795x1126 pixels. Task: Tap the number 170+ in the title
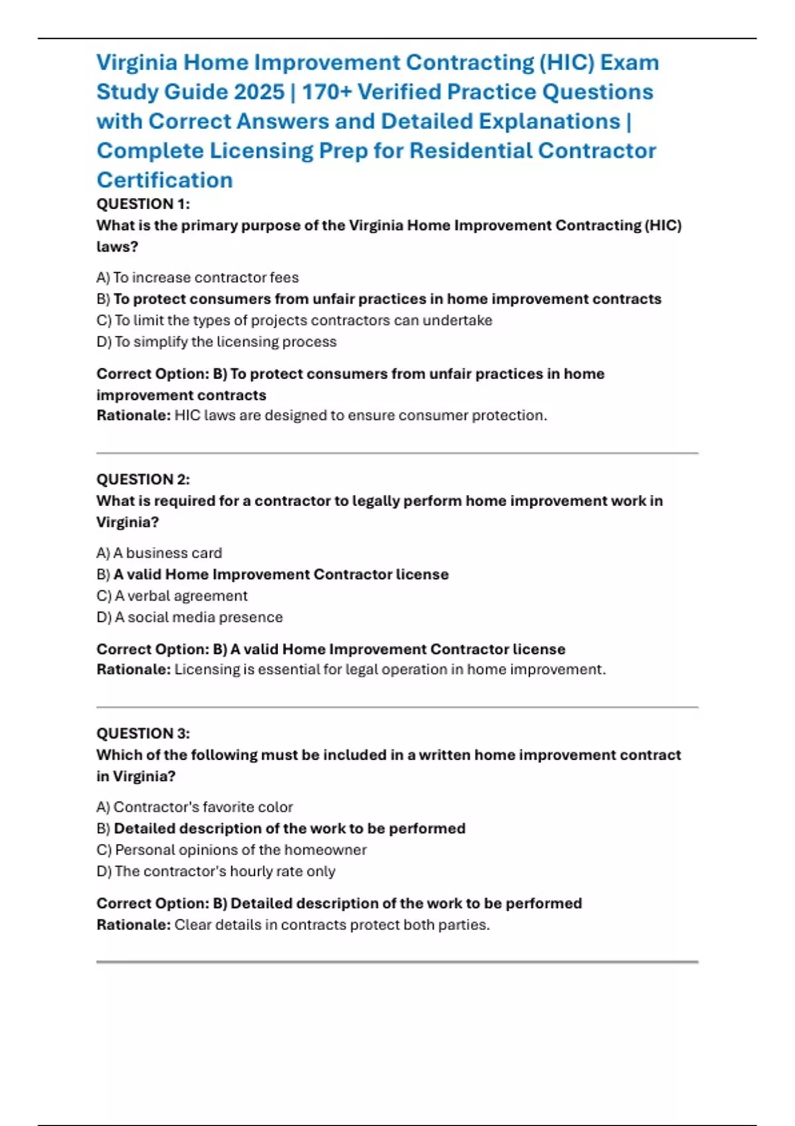(x=327, y=91)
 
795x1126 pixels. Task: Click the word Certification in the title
(x=164, y=179)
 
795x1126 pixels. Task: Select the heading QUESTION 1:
(x=143, y=204)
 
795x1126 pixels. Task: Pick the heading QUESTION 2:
(x=143, y=480)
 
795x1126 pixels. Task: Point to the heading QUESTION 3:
(x=143, y=734)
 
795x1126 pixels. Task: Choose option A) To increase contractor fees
(x=197, y=278)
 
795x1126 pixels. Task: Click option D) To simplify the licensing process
(x=217, y=342)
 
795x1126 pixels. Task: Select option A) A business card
(x=159, y=553)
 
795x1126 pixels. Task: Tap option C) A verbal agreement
(x=172, y=596)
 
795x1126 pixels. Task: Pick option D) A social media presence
(x=189, y=617)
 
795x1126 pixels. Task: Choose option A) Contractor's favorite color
(x=194, y=807)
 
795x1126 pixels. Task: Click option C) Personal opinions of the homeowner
(x=231, y=850)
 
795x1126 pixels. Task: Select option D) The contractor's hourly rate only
(x=216, y=872)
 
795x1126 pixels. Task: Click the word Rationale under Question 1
(x=133, y=415)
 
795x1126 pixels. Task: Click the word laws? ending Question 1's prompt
(x=117, y=247)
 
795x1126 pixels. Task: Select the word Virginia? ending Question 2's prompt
(x=128, y=523)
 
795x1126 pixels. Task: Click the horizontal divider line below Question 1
(x=397, y=453)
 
